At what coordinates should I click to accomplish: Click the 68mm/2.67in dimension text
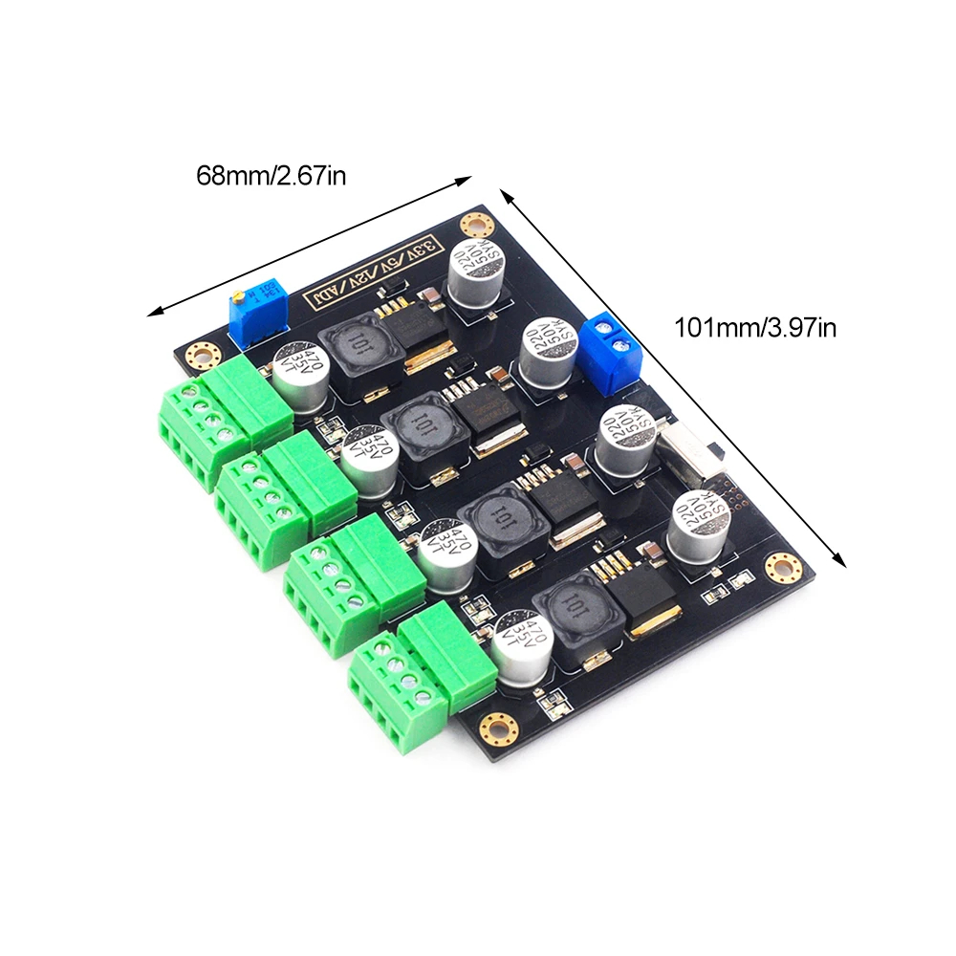(x=271, y=176)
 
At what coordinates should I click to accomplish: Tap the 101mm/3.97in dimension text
(x=755, y=328)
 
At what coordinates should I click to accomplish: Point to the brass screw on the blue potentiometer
(x=236, y=296)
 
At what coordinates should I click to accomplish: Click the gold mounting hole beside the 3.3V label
(x=473, y=226)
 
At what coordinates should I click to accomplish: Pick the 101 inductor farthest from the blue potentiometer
(x=574, y=612)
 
